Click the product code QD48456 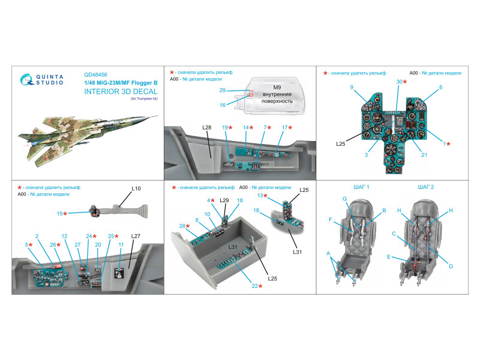97,75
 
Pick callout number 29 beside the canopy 222,91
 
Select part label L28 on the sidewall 208,128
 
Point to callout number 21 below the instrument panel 424,155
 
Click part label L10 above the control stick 136,188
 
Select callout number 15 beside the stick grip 61,213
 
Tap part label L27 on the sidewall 135,236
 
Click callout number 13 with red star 262,196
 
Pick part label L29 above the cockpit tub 224,200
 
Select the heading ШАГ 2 424,187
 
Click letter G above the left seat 345,199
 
